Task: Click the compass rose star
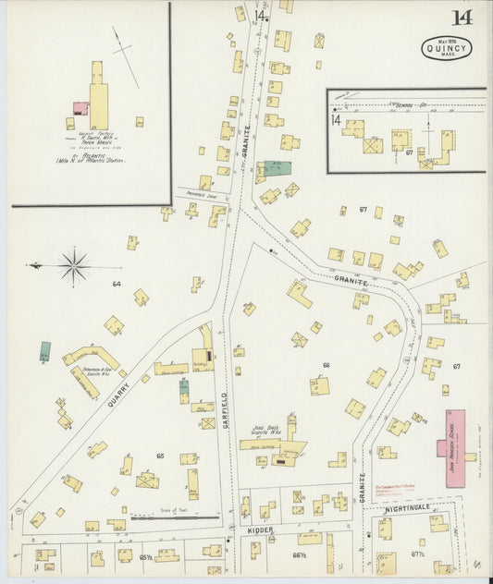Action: pyautogui.click(x=73, y=266)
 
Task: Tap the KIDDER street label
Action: pyautogui.click(x=259, y=531)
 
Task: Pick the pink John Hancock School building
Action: pyautogui.click(x=454, y=433)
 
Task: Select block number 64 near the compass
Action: pyautogui.click(x=117, y=284)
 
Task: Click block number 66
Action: pyautogui.click(x=326, y=366)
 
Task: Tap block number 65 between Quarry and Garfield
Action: pyautogui.click(x=160, y=456)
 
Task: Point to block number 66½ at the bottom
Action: pyautogui.click(x=298, y=555)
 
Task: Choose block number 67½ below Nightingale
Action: pyautogui.click(x=417, y=554)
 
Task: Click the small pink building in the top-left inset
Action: pyautogui.click(x=81, y=109)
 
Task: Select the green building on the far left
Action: pyautogui.click(x=45, y=351)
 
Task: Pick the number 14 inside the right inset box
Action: pyautogui.click(x=337, y=119)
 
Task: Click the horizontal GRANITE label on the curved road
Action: pyautogui.click(x=352, y=281)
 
